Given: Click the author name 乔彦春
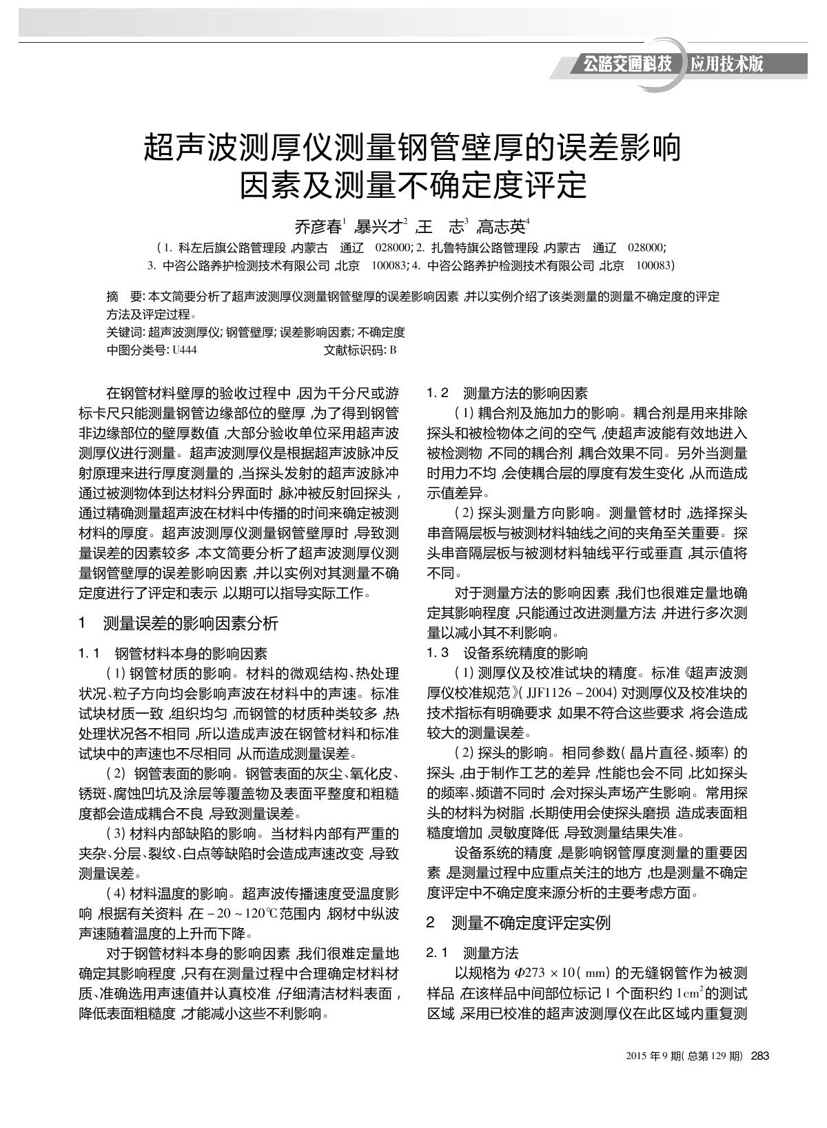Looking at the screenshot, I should (318, 226).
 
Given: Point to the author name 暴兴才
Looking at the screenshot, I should (380, 226).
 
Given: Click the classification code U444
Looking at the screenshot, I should (184, 350).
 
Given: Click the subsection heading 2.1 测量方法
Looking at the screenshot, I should (472, 953).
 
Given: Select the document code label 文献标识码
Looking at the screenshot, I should (354, 350).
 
